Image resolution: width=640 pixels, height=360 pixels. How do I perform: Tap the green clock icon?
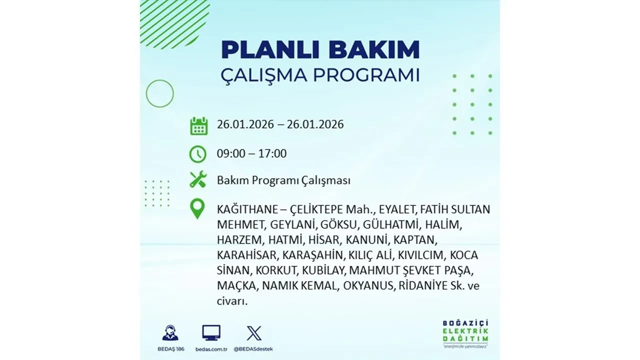[198, 154]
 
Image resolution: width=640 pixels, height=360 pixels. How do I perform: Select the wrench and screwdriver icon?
[198, 180]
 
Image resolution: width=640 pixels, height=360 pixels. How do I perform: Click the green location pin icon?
[198, 209]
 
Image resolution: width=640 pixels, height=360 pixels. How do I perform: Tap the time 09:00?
[231, 153]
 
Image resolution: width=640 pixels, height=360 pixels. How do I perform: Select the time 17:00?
[272, 153]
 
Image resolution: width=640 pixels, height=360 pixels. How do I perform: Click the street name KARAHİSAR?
[247, 255]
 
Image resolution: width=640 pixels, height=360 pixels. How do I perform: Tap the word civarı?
[232, 301]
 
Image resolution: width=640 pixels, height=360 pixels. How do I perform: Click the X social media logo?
[254, 333]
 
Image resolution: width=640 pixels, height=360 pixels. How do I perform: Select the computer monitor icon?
[211, 332]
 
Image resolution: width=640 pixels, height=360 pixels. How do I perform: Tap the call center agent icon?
[170, 333]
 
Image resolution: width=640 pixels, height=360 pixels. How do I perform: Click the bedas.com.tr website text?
[211, 348]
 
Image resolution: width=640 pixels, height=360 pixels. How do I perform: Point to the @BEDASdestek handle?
[254, 348]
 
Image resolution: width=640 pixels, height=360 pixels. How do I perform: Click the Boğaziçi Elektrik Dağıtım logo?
[466, 332]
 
